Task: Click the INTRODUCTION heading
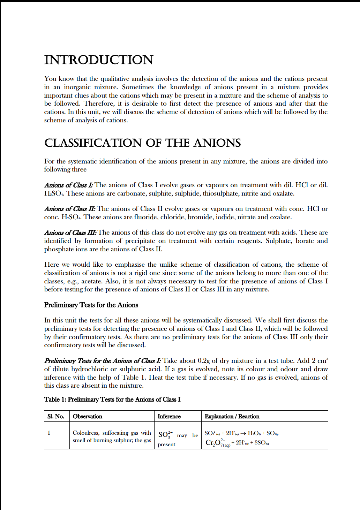99,60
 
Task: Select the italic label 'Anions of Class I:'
68,185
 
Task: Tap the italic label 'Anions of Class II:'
69,209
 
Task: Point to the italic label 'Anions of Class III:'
70,233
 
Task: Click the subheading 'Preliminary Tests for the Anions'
91,305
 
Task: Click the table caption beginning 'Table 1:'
112,399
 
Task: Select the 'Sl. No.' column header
56,416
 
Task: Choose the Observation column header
87,416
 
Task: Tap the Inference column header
169,416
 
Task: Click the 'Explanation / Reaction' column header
232,416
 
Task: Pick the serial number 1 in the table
49,433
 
